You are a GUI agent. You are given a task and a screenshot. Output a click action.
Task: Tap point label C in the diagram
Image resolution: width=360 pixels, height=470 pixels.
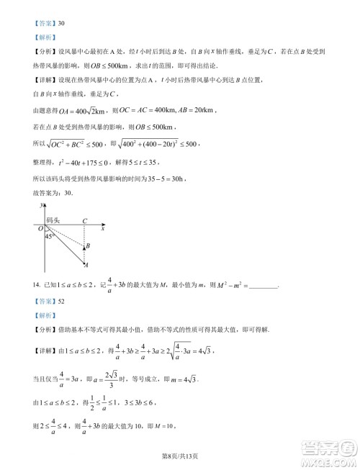point(85,221)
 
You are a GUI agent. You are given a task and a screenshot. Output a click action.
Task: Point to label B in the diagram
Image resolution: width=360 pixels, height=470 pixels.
point(87,246)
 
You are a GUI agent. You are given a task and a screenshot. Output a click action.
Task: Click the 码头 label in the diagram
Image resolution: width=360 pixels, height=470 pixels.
point(53,220)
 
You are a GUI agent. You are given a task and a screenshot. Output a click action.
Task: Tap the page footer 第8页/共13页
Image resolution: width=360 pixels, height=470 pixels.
point(180,455)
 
